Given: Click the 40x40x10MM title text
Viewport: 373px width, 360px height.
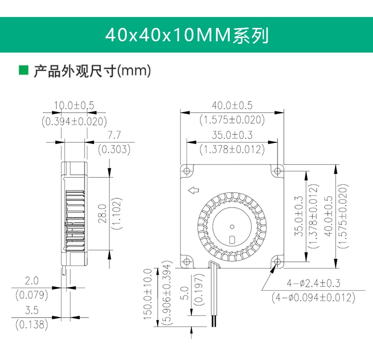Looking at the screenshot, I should tap(186, 35).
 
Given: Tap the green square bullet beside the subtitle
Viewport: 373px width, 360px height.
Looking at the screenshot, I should tap(23, 70).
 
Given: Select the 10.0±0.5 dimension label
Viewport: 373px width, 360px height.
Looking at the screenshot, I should tap(74, 106).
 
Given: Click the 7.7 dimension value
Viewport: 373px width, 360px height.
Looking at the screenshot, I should tap(114, 134).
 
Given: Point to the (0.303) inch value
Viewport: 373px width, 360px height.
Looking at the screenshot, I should tap(114, 148).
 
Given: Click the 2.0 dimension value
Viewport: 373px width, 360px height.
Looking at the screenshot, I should tap(31, 281).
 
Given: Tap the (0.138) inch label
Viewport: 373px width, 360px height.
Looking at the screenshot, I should tap(32, 325).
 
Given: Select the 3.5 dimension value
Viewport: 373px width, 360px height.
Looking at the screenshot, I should tap(31, 311).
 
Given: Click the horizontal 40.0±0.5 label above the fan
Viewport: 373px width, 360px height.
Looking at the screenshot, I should tap(232, 106).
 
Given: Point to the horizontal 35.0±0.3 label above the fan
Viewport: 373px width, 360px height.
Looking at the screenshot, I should tap(232, 134).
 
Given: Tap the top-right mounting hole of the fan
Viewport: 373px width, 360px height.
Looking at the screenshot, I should tap(277, 170).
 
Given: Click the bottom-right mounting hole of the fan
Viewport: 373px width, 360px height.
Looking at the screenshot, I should tap(277, 261).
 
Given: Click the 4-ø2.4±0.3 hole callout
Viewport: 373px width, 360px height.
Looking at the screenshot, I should tap(313, 283).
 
